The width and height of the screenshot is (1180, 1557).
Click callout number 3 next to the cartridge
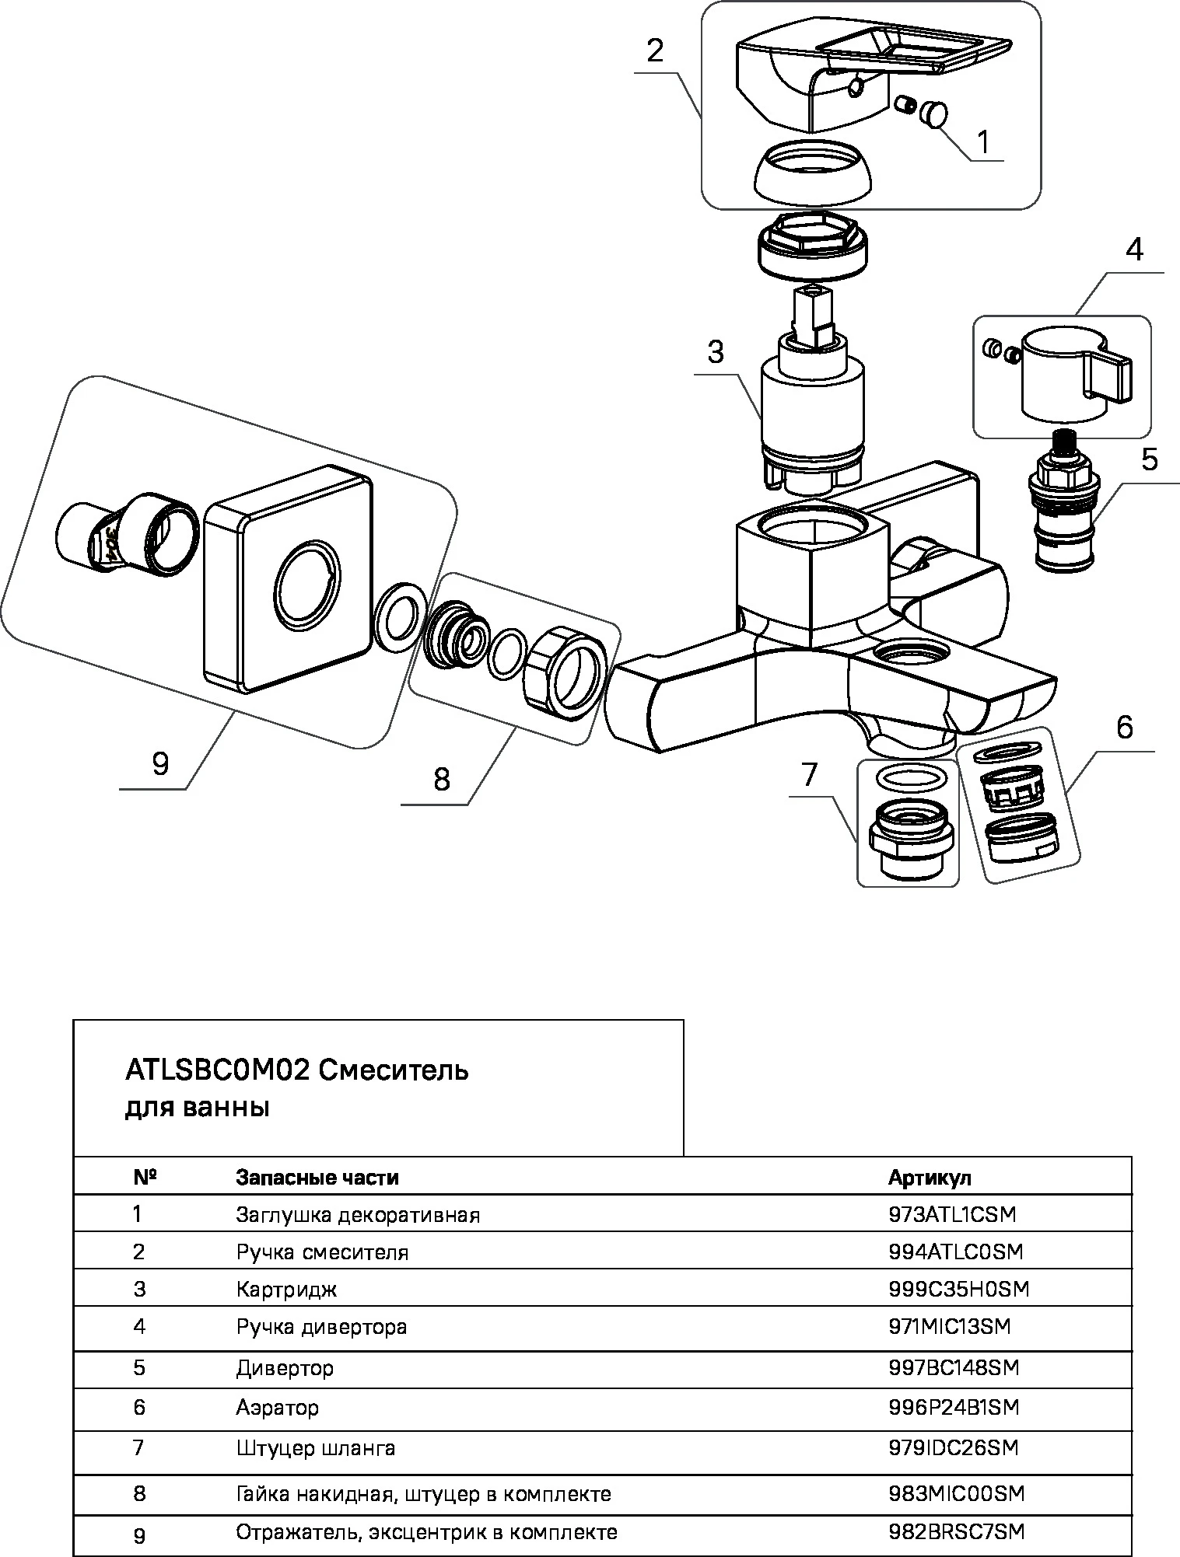(x=716, y=352)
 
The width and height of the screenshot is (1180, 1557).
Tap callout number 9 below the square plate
(x=160, y=763)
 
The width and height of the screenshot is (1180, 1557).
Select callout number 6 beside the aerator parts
(x=1124, y=728)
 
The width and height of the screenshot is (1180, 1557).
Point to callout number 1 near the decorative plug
(x=982, y=142)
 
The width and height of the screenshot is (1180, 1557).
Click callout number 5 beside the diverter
(x=1149, y=460)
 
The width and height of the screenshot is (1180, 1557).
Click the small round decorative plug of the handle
(x=934, y=114)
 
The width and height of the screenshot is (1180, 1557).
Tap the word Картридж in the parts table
(x=286, y=1290)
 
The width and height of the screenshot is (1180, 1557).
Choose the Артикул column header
(x=930, y=1177)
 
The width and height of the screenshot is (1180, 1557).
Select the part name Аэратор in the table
(x=277, y=1407)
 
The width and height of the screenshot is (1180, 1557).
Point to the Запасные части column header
(x=317, y=1177)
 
